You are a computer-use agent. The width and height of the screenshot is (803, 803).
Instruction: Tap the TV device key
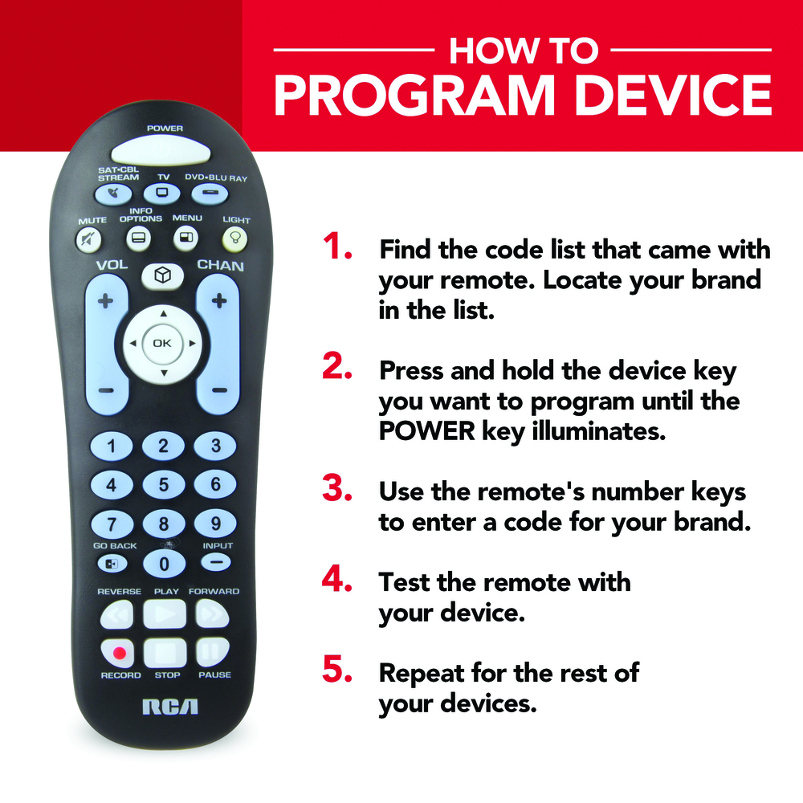point(162,194)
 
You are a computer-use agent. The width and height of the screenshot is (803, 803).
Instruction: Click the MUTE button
point(88,239)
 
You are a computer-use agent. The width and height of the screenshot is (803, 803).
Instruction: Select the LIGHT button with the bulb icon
point(235,239)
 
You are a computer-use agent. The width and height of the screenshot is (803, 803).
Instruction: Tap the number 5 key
point(163,484)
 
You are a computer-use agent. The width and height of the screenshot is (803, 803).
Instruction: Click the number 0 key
point(164,564)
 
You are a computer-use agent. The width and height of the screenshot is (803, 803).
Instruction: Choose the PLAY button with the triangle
point(165,613)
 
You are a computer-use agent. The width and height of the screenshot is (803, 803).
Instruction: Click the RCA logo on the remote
point(170,707)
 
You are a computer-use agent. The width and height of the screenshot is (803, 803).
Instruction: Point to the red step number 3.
point(337,488)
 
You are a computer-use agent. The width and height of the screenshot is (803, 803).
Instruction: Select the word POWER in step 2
point(427,431)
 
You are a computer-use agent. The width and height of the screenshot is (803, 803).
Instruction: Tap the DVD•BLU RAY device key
point(210,193)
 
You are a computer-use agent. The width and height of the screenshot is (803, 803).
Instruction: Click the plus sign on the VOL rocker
point(105,300)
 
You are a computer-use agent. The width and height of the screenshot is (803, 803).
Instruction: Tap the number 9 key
point(215,524)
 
